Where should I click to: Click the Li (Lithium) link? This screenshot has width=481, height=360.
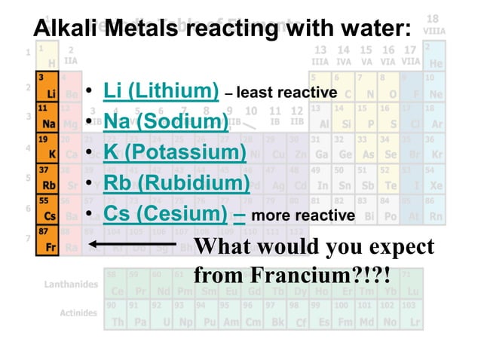pos(161,91)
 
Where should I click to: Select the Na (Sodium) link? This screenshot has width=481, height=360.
pos(165,122)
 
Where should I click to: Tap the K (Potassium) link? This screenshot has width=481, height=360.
pos(174,153)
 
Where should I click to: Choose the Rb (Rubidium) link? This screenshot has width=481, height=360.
pos(176,184)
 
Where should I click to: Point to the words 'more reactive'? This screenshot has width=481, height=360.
pos(302,216)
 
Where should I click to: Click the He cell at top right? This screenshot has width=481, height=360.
pos(436,57)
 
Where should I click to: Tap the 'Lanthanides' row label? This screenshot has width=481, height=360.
pos(66,284)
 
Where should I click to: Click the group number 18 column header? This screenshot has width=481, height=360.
pos(434,18)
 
